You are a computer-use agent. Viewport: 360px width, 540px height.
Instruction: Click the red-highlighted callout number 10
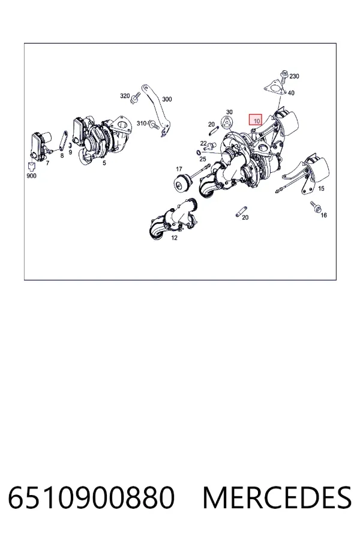click(256, 121)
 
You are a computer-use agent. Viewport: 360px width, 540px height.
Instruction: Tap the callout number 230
click(294, 76)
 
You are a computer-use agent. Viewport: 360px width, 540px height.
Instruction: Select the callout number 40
click(291, 93)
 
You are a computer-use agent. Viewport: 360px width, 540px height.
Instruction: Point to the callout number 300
click(167, 99)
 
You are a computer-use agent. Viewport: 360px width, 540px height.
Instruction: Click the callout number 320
click(125, 96)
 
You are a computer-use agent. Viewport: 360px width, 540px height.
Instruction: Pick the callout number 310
click(142, 123)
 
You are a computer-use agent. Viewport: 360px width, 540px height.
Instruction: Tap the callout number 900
click(31, 176)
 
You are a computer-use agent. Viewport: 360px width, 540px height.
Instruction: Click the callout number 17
click(179, 169)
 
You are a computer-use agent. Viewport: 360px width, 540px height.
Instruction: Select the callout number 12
click(175, 238)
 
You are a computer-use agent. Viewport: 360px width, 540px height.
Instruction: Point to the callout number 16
click(323, 215)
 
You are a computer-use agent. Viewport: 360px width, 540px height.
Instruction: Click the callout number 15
click(321, 189)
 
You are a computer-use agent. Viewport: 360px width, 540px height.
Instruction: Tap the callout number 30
click(229, 112)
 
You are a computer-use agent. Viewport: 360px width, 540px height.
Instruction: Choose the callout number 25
click(203, 159)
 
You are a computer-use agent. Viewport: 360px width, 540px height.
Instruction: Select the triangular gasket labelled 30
click(227, 122)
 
